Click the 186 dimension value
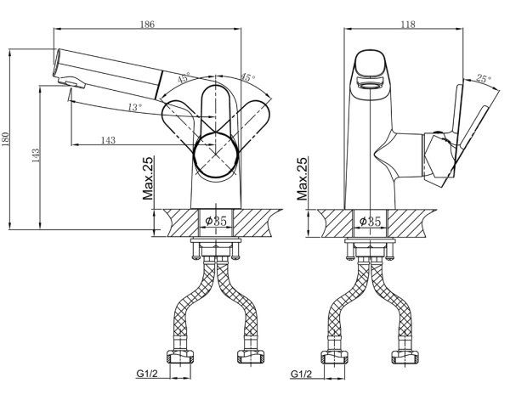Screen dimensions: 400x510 [x=147, y=24]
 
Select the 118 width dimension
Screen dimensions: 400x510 [x=406, y=24]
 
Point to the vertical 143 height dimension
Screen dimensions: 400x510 [x=35, y=156]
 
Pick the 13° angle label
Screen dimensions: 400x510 [x=134, y=107]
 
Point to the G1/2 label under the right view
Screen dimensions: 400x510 [x=301, y=373]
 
